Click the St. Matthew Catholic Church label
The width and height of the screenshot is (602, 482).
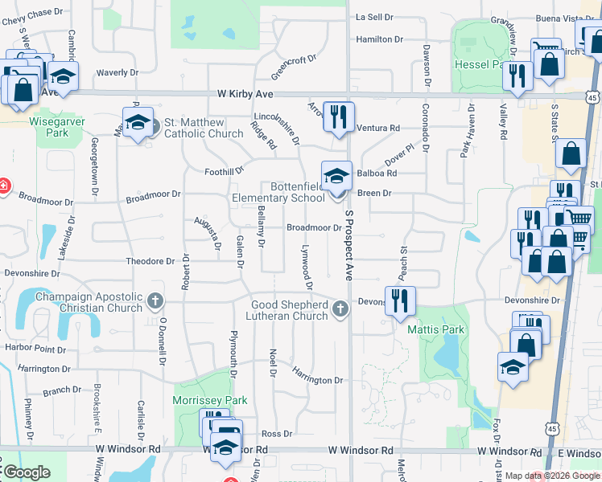point(204,128)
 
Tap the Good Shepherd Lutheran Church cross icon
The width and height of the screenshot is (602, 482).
point(340,308)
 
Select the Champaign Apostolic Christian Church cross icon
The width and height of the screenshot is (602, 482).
point(155,303)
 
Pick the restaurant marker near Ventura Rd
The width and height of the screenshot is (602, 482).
point(339,116)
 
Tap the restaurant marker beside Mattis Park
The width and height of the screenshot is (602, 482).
point(400,301)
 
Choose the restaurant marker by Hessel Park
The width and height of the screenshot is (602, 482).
point(516,76)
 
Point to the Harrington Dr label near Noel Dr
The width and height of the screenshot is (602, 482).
point(317,374)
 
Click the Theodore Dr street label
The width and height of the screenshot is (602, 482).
point(150,261)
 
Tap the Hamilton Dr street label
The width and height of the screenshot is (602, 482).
point(379,39)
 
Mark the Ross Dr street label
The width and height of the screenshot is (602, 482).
point(276,434)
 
